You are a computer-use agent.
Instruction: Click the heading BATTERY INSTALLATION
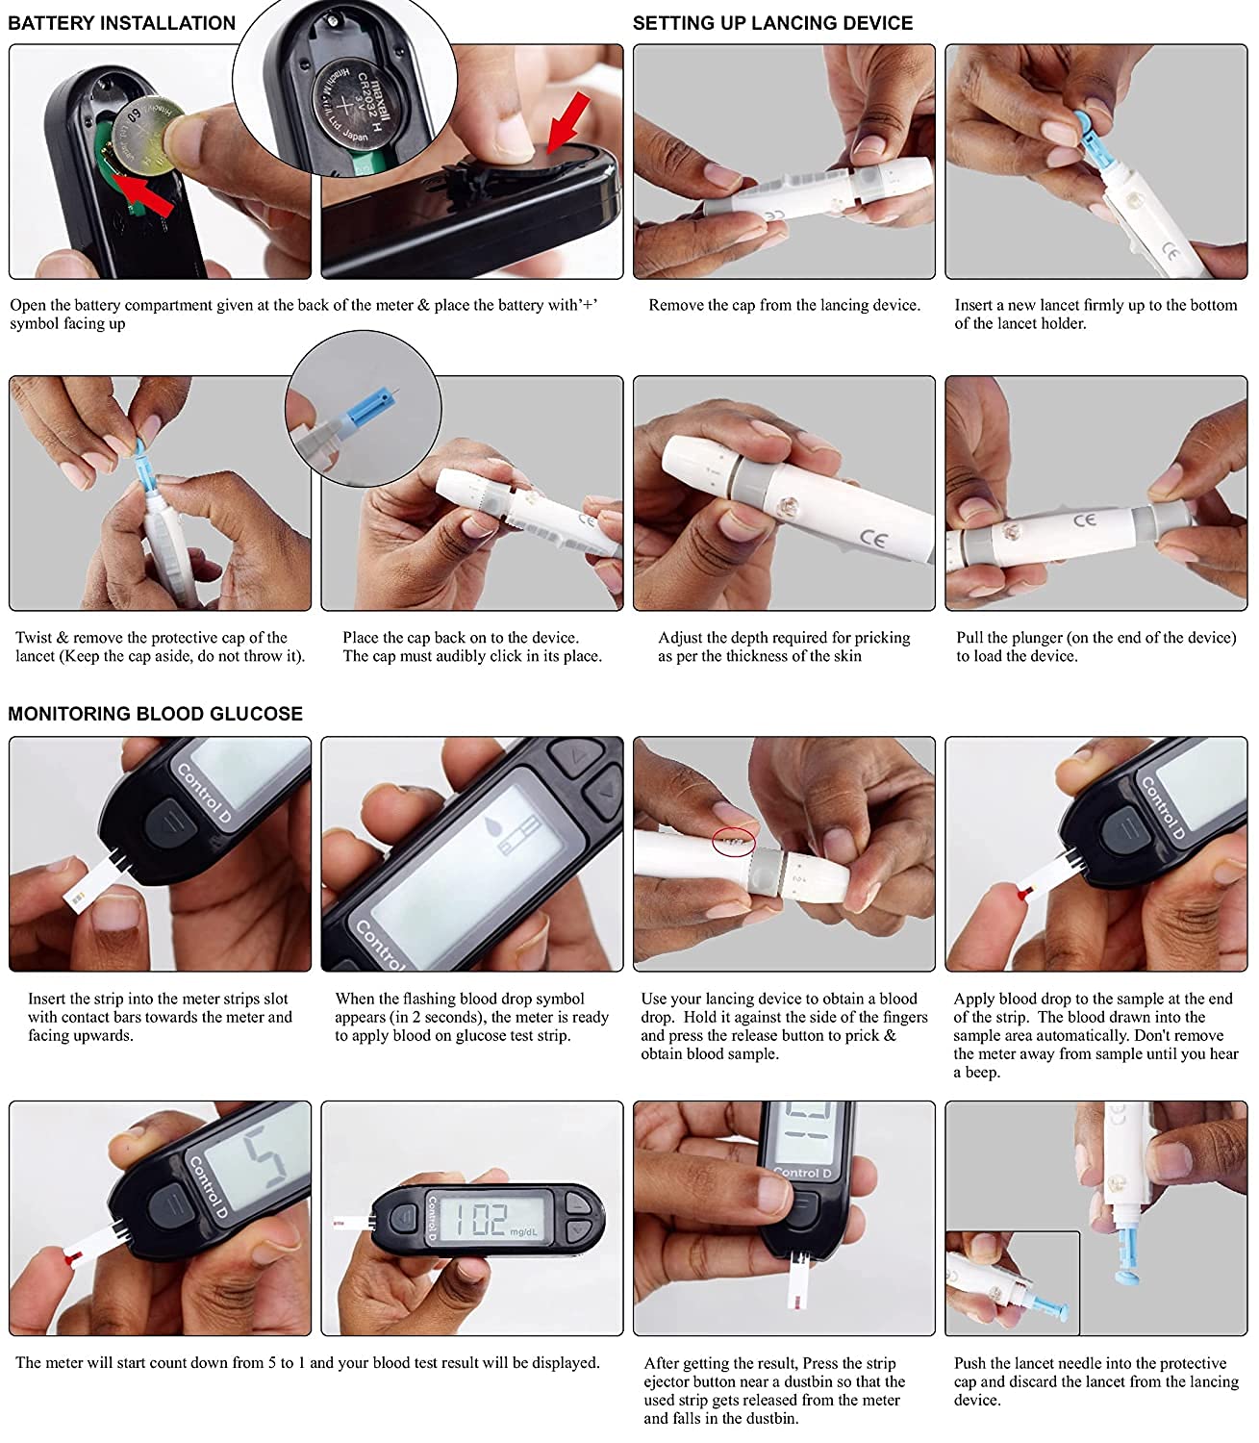tap(121, 23)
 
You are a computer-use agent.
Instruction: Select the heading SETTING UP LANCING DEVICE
tap(772, 23)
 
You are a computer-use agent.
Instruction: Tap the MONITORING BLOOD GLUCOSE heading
tap(155, 714)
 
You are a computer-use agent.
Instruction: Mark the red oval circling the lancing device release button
tap(733, 843)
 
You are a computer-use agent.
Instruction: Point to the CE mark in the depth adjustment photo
tap(873, 539)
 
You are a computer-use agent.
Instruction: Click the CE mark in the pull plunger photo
tap(1084, 519)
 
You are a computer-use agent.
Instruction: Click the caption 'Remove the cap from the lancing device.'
tap(784, 305)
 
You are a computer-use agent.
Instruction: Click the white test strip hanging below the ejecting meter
tap(800, 1284)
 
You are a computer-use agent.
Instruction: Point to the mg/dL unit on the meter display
tap(524, 1231)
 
